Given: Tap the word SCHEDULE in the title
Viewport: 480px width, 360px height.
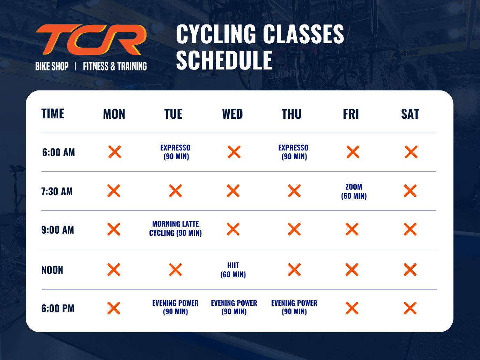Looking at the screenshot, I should [x=224, y=60].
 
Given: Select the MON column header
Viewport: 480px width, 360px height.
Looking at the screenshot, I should [x=114, y=114].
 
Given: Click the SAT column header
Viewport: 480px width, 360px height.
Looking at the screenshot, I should [x=410, y=114].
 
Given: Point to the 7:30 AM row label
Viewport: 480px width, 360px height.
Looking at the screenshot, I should [x=57, y=191].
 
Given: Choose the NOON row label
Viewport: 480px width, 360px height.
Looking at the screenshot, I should [x=52, y=270].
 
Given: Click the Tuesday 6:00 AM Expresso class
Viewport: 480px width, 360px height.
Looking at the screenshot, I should [x=176, y=152].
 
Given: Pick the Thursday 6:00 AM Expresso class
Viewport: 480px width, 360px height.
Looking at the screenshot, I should [x=294, y=152].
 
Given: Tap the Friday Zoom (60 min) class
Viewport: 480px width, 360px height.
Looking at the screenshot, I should [x=354, y=191].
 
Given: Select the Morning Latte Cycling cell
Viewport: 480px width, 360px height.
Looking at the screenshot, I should [x=176, y=228].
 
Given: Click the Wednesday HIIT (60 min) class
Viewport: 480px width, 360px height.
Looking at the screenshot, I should [x=233, y=270].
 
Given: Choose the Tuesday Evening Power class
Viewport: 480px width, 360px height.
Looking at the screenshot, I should [x=176, y=307].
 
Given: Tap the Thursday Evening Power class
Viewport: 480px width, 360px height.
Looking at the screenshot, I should [x=294, y=307].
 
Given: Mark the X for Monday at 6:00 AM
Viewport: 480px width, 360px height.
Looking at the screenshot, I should [x=115, y=152].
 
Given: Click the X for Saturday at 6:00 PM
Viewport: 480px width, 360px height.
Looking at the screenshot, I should [x=410, y=308].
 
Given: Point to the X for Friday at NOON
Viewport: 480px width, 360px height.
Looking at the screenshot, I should [x=352, y=270].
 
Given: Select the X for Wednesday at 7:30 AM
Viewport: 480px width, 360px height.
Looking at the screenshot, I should [x=233, y=191].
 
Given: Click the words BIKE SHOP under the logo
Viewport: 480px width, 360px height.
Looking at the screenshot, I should [x=52, y=66].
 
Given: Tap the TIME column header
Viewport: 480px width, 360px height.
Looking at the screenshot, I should [x=53, y=114].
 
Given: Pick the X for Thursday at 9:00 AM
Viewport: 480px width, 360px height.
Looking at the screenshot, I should [x=294, y=229].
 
